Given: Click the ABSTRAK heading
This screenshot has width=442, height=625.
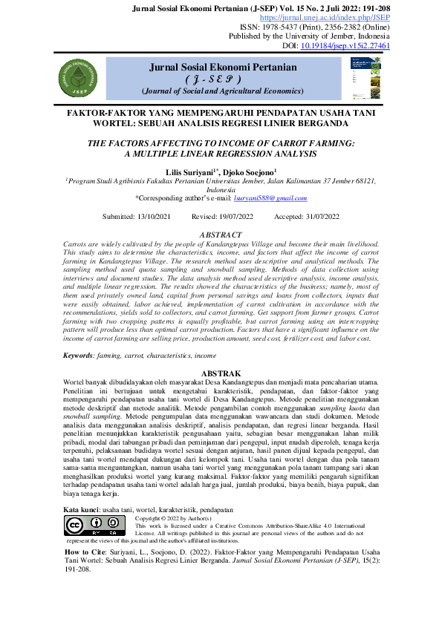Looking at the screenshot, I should point(221,373).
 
